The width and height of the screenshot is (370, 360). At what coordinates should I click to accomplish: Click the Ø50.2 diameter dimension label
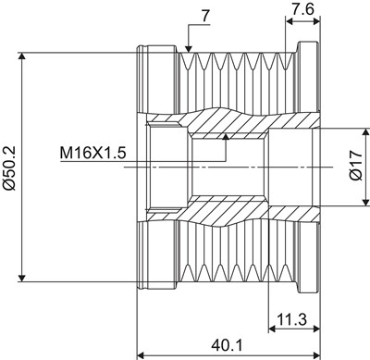click(8, 168)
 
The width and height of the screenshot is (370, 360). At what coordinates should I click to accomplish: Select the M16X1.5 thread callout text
click(93, 153)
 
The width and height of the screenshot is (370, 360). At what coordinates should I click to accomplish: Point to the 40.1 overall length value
click(228, 345)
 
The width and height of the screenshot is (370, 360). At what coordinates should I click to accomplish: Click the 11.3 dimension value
click(292, 319)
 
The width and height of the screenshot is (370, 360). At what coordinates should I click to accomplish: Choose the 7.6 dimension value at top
click(302, 9)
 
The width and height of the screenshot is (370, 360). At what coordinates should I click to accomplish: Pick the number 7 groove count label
click(206, 17)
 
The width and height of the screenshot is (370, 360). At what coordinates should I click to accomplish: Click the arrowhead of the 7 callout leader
click(189, 49)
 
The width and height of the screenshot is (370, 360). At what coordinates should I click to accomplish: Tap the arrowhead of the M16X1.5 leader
click(226, 137)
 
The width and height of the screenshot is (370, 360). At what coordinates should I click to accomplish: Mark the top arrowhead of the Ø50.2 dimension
click(21, 56)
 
